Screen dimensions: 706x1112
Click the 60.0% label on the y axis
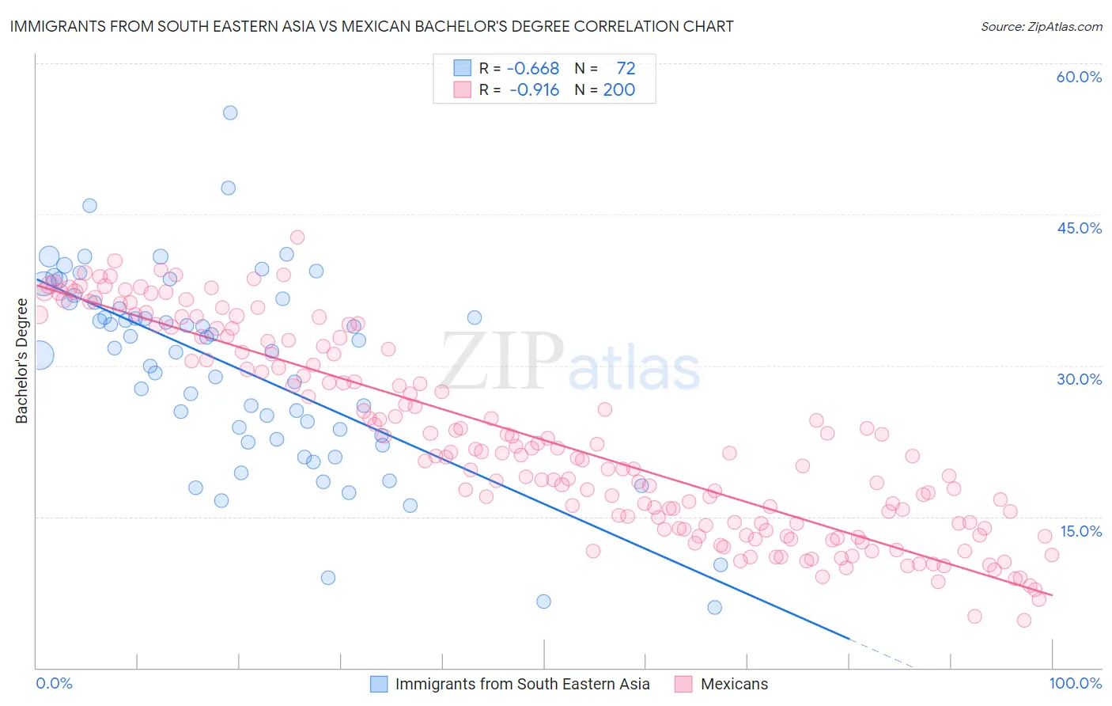[1079, 77]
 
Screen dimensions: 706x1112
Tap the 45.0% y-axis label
[1079, 228]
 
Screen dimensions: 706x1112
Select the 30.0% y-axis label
[1079, 379]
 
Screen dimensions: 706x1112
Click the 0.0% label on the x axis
[54, 683]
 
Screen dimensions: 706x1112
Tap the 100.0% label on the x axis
[1075, 683]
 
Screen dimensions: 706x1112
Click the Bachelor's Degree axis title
[21, 361]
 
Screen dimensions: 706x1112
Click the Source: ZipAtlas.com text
[1041, 26]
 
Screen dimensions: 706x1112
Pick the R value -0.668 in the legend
[532, 69]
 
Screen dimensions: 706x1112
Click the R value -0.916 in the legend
[534, 90]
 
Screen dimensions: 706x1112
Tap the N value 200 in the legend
[619, 90]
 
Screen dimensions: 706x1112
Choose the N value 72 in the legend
[626, 69]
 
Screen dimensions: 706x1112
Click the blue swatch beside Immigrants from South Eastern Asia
[379, 684]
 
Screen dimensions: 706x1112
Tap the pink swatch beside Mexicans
[684, 684]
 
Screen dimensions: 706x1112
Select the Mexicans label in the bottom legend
[734, 684]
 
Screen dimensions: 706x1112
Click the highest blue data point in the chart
[230, 112]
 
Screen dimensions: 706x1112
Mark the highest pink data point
[297, 237]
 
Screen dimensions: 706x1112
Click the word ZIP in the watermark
[502, 362]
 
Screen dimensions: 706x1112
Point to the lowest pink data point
[1024, 621]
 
